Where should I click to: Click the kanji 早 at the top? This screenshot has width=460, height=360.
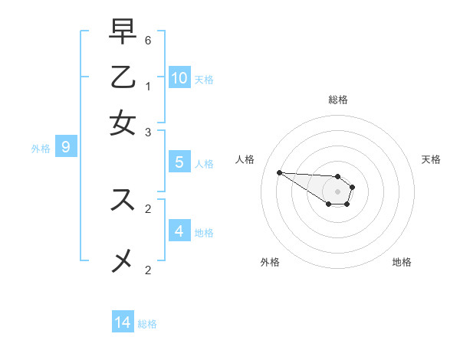point(123,33)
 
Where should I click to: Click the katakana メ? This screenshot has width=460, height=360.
point(123,261)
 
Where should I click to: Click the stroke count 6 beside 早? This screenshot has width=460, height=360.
point(148,40)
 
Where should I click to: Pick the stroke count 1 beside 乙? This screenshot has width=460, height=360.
point(148,86)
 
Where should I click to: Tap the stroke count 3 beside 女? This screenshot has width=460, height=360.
point(148,132)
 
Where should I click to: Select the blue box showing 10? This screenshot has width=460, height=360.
point(179,77)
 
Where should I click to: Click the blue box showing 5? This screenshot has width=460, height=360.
point(179,162)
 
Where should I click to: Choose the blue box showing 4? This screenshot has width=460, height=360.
point(179,231)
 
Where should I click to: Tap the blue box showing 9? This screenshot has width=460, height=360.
point(66,147)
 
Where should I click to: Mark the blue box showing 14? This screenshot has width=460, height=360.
point(123,322)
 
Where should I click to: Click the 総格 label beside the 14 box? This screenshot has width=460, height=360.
point(147,324)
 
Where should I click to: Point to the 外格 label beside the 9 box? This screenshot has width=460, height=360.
point(41,149)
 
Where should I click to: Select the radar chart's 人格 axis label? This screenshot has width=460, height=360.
point(245,159)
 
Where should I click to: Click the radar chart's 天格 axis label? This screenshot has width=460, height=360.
point(431,159)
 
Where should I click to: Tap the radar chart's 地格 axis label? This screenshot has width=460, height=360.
point(402,262)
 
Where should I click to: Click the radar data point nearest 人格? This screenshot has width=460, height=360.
point(279,172)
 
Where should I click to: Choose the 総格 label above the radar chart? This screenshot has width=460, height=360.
point(338,100)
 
